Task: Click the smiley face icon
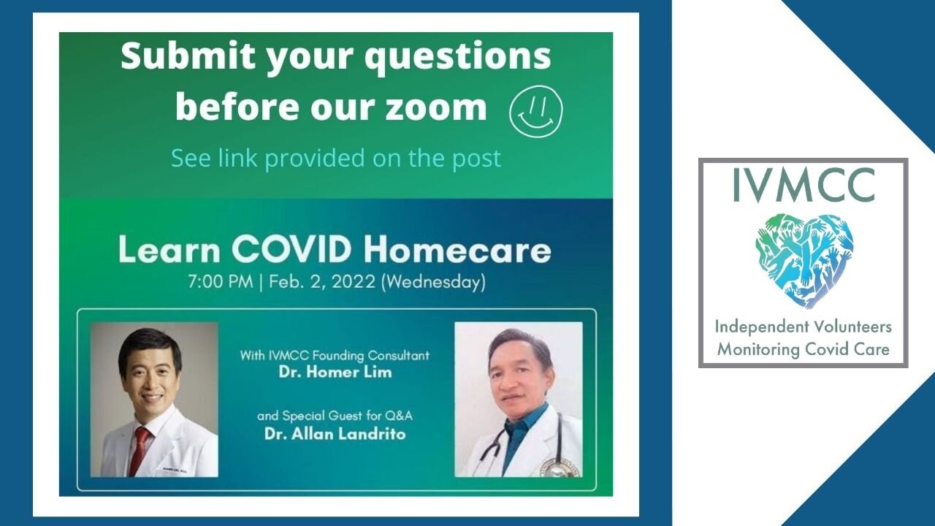tap(536, 111)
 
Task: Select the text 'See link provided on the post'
tap(336, 158)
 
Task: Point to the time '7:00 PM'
tap(221, 282)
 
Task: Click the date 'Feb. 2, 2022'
tap(322, 282)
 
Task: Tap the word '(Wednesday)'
tap(434, 282)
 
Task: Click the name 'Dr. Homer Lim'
tap(335, 372)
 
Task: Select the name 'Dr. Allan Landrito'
tap(335, 434)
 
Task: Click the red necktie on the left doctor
tap(140, 451)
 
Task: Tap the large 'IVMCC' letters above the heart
tap(804, 185)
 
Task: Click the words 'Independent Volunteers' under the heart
tap(803, 327)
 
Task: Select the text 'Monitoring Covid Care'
tap(803, 349)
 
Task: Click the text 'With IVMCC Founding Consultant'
tap(335, 356)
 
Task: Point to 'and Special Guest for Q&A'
tap(335, 416)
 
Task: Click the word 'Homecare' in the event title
tap(457, 250)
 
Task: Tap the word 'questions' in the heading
tap(458, 58)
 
